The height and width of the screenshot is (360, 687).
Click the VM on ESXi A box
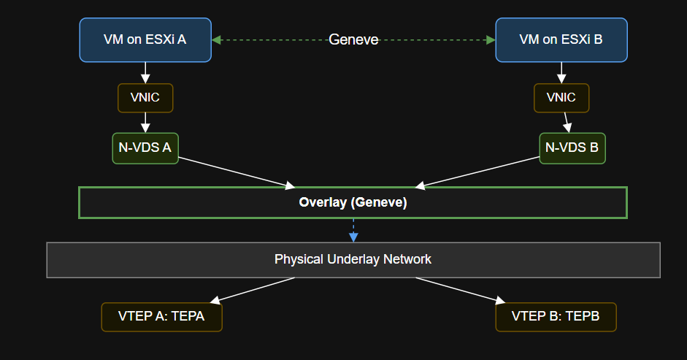(x=145, y=39)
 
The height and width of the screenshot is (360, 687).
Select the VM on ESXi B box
(x=561, y=39)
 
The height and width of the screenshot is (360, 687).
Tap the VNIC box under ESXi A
(x=145, y=98)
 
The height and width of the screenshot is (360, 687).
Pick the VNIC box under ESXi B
(x=561, y=98)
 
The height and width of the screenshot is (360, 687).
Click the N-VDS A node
(x=145, y=148)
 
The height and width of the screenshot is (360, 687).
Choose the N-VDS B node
(x=572, y=148)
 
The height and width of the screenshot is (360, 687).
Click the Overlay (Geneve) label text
(x=353, y=203)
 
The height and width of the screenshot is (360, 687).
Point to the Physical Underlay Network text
(x=353, y=259)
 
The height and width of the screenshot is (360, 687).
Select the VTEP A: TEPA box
(x=161, y=317)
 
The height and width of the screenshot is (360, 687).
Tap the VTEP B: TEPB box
(x=556, y=317)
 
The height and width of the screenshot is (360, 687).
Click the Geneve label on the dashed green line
(x=353, y=39)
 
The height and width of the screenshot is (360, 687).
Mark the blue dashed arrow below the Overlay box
(x=353, y=230)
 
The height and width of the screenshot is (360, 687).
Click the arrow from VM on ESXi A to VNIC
(x=145, y=73)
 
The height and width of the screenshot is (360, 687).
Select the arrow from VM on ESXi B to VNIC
(x=561, y=73)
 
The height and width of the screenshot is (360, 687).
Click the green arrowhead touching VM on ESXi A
(x=217, y=39)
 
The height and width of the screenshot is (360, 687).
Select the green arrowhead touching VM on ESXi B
(x=490, y=39)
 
